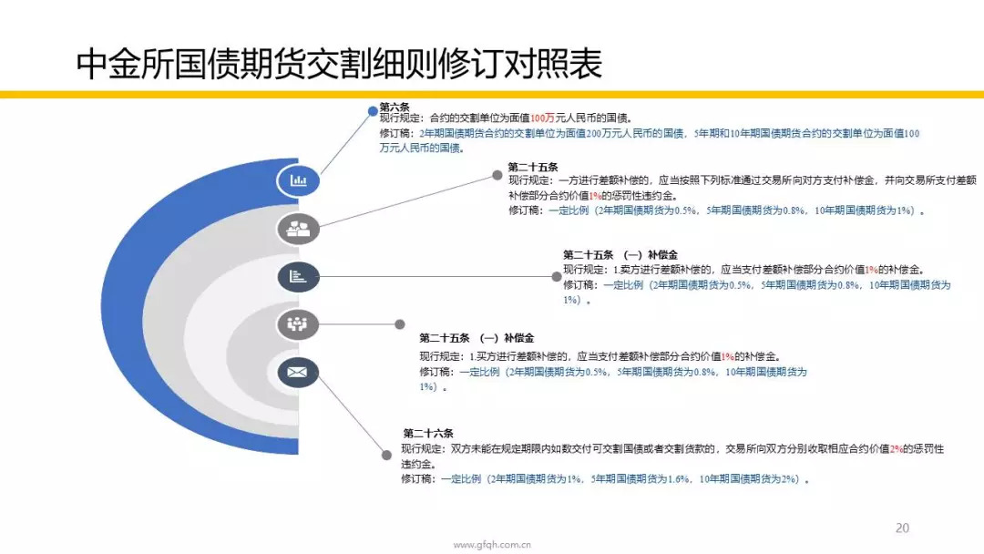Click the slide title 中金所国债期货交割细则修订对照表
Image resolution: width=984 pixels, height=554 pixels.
click(x=339, y=64)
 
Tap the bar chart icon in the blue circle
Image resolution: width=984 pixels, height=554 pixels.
click(x=298, y=180)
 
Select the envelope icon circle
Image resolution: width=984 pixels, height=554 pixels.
click(x=298, y=372)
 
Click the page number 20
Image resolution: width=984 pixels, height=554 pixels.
click(x=902, y=528)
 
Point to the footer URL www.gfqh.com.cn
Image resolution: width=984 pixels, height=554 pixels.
click(x=492, y=545)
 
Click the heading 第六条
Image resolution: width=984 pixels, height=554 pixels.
click(x=395, y=107)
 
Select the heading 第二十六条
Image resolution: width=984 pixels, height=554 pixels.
click(x=428, y=433)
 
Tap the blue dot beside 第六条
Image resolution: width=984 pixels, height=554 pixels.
click(x=373, y=111)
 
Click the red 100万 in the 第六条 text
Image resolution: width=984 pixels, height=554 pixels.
click(x=542, y=118)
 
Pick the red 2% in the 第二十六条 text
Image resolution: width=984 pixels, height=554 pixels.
click(x=897, y=448)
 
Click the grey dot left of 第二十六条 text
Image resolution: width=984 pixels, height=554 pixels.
click(x=386, y=456)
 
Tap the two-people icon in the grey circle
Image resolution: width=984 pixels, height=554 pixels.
click(x=298, y=229)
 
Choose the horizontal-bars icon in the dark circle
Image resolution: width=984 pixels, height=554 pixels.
click(x=298, y=277)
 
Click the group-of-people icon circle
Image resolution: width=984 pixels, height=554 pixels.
click(x=298, y=324)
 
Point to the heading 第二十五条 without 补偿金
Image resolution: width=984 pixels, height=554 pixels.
click(x=533, y=167)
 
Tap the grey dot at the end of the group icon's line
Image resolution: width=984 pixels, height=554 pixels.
click(x=400, y=324)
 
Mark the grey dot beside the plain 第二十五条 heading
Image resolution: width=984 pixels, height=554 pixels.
click(x=497, y=176)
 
